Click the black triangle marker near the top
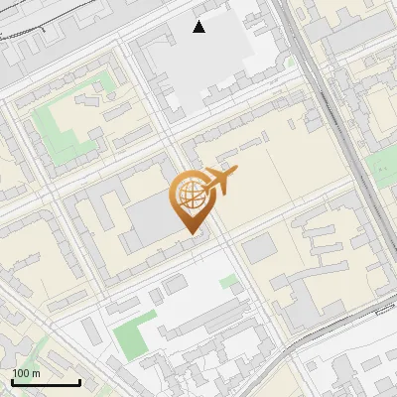click(199, 27)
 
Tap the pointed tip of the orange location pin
click(191, 232)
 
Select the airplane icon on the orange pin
click(218, 182)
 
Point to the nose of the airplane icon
click(235, 171)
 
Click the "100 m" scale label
click(27, 373)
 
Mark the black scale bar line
click(46, 382)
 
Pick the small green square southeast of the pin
click(229, 282)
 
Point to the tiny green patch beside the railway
click(291, 62)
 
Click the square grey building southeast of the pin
click(259, 248)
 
